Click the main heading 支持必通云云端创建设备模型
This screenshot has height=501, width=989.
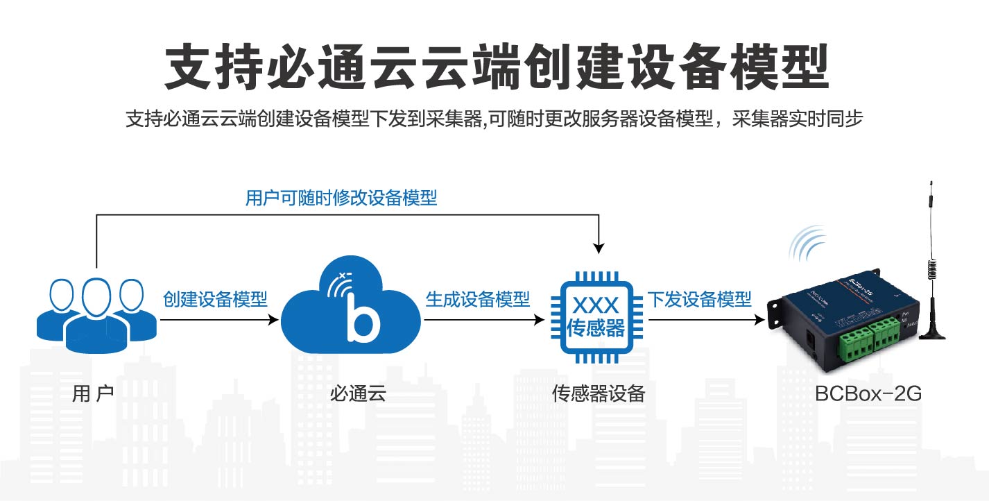[x=497, y=67]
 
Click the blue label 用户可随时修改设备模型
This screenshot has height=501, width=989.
[x=341, y=198]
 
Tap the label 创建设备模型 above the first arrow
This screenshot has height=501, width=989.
[x=215, y=299]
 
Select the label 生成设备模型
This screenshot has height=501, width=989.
[x=477, y=299]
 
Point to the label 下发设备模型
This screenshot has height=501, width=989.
[x=699, y=299]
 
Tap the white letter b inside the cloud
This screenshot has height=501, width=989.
[x=362, y=318]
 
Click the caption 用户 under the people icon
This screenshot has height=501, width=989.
[x=92, y=394]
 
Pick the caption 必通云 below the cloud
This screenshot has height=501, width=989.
[x=358, y=394]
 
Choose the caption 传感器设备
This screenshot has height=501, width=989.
[x=599, y=394]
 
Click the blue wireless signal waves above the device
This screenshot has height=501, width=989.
[x=808, y=244]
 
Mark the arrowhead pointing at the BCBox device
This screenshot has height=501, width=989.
[x=761, y=320]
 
